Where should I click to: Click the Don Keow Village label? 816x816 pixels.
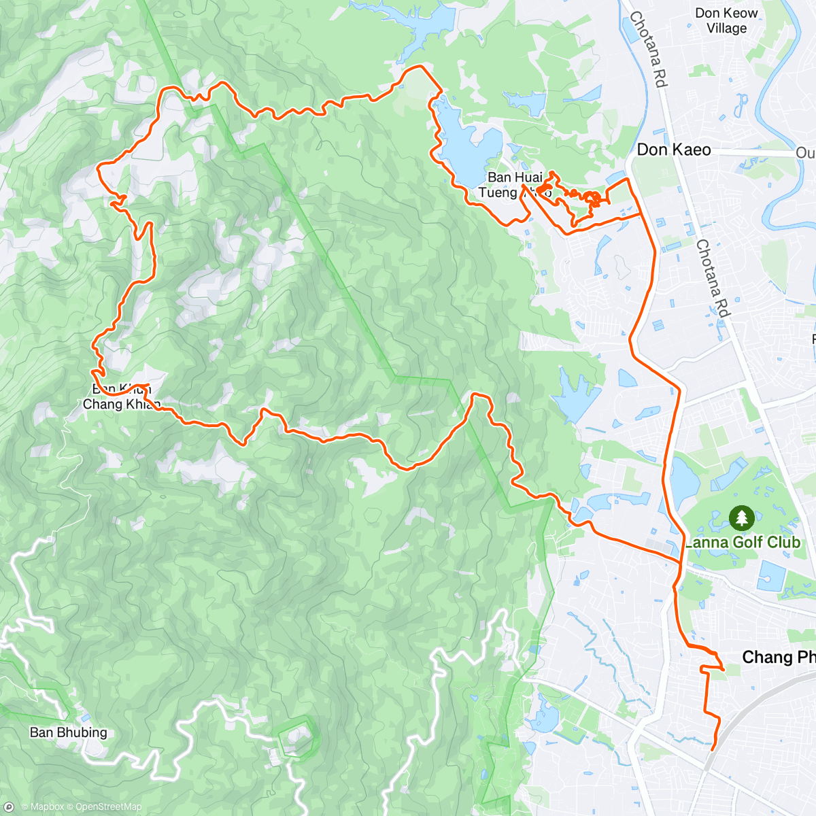pos(726,20)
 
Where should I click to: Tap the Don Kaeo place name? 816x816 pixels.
pos(673,150)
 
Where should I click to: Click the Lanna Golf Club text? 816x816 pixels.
pos(742,542)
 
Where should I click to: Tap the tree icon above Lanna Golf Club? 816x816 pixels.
pos(741,518)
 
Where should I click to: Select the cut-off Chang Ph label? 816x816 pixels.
pos(778,657)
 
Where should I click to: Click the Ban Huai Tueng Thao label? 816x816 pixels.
pos(515,185)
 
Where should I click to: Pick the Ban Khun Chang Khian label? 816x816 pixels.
pos(121,397)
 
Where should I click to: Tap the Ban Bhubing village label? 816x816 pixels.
pos(69,732)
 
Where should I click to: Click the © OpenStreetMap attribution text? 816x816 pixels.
pos(105,807)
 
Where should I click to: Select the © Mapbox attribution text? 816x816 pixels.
pos(44,807)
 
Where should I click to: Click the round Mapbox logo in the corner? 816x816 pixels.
pos(9,807)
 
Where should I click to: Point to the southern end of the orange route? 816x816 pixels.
pos(712,749)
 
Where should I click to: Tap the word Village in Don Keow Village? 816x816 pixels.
pos(726,29)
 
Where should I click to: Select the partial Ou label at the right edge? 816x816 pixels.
pos(805,153)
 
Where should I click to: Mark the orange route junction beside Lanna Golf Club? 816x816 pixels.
pos(680,562)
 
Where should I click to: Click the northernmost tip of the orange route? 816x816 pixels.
pos(416,67)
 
